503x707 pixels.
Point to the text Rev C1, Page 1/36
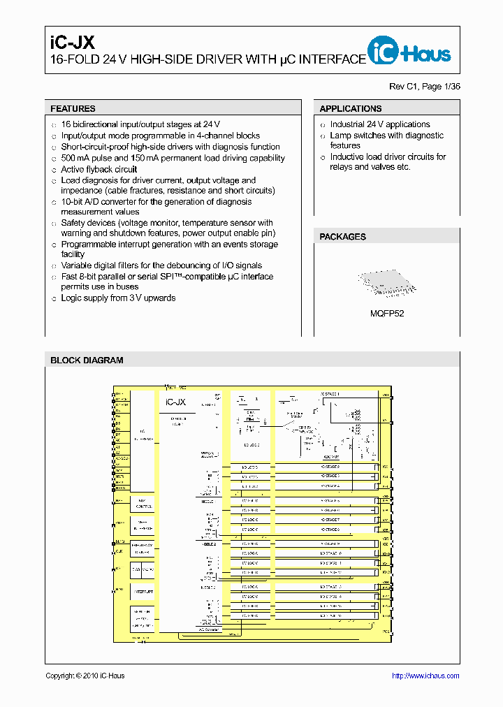tap(425, 87)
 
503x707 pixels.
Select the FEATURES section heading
tap(73, 109)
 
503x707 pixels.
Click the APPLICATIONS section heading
tap(351, 109)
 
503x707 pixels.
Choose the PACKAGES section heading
tap(342, 237)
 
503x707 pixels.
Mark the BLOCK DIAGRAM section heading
tap(87, 360)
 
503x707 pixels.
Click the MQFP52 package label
tap(386, 314)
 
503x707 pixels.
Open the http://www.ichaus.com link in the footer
tap(425, 676)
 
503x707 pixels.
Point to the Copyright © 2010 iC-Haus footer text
tap(85, 676)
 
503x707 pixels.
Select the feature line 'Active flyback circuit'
tap(99, 169)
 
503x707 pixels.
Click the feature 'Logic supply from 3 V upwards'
tap(118, 298)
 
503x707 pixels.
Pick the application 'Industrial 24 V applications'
tap(380, 124)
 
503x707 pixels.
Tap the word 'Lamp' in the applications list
tap(341, 136)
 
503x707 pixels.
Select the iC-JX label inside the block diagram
tap(175, 402)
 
